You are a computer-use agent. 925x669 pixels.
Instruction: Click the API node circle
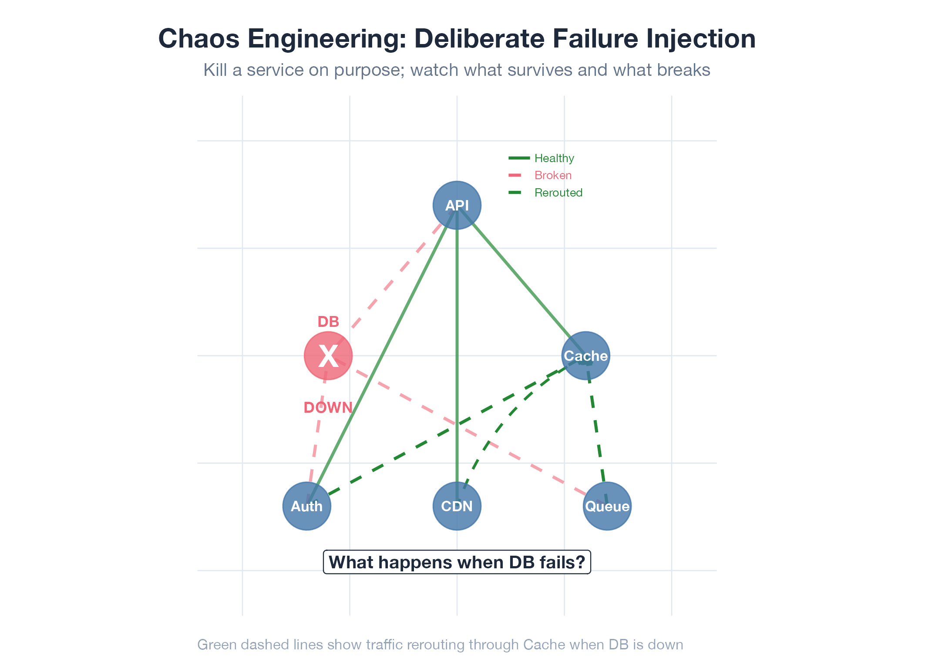457,205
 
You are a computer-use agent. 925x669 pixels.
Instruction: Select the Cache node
585,356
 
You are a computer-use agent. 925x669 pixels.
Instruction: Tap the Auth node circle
307,506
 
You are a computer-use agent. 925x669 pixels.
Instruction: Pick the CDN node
457,506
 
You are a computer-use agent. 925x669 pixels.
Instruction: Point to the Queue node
607,506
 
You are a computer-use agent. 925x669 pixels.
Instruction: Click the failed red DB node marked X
328,356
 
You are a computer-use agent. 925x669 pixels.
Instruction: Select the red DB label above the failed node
328,322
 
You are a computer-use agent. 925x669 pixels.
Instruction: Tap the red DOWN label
328,408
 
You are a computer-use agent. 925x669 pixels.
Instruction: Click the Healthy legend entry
554,158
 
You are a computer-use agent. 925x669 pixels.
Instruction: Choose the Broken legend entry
553,175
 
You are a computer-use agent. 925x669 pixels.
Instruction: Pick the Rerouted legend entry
558,193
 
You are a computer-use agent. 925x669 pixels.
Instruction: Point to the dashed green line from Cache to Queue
596,429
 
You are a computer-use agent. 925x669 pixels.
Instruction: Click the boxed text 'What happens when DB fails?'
457,562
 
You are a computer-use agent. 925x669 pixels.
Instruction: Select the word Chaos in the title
199,39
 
